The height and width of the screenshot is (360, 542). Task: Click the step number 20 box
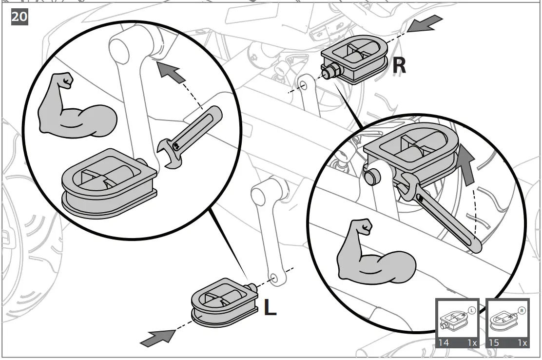click(19, 17)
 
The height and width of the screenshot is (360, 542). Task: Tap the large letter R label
click(399, 65)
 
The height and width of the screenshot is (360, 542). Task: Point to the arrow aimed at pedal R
click(425, 23)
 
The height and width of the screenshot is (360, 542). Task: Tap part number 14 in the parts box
click(443, 342)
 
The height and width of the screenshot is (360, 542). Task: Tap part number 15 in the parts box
click(494, 342)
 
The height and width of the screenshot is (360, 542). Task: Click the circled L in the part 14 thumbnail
click(471, 309)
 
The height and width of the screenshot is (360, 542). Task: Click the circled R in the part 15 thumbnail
click(522, 309)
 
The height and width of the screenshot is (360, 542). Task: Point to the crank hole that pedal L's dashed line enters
click(274, 278)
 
